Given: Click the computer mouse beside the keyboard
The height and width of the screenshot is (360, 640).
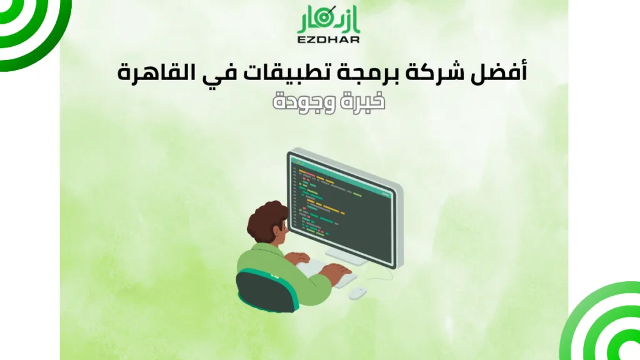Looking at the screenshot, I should point(357,292).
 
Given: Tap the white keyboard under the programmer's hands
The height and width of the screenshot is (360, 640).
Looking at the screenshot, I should point(328,273).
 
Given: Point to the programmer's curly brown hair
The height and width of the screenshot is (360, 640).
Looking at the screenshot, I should point(266,216).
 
